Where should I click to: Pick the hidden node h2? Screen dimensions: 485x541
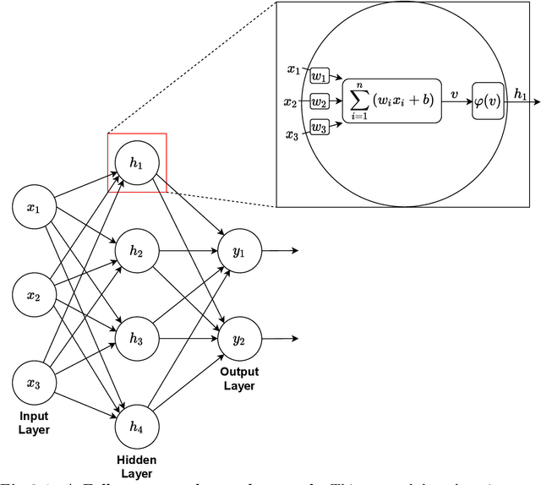[136, 252]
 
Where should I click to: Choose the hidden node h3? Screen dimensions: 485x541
[136, 337]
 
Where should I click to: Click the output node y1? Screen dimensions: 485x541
[239, 252]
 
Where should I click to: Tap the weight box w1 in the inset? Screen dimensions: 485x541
[320, 76]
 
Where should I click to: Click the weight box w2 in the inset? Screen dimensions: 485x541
[320, 102]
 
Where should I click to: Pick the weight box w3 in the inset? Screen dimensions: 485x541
[320, 128]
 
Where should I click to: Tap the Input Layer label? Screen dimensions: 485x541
[36, 423]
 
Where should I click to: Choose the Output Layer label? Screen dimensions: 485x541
[240, 379]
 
